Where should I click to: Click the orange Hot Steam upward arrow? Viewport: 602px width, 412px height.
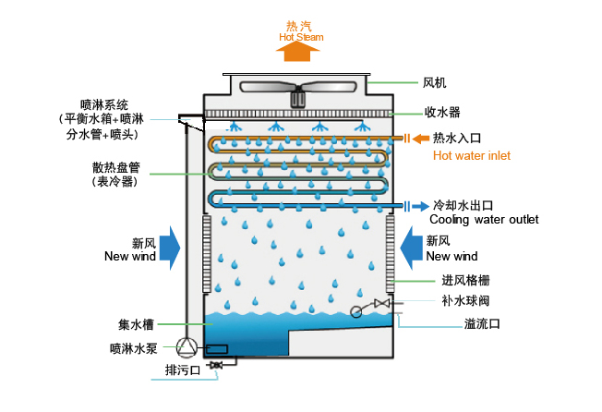point(301,52)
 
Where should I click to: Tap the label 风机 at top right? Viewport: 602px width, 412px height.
point(435,83)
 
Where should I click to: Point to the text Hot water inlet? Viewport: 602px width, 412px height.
point(472,156)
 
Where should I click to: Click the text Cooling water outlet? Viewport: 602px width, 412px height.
point(484,219)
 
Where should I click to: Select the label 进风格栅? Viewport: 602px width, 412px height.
point(465,281)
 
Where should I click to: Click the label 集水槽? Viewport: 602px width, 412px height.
point(136,324)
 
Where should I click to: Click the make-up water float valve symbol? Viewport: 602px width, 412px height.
point(380,304)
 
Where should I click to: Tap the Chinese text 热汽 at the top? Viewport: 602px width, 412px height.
point(300,25)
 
